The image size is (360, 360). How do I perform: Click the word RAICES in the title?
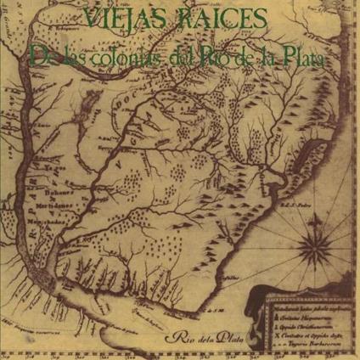pyautogui.click(x=220, y=19)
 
